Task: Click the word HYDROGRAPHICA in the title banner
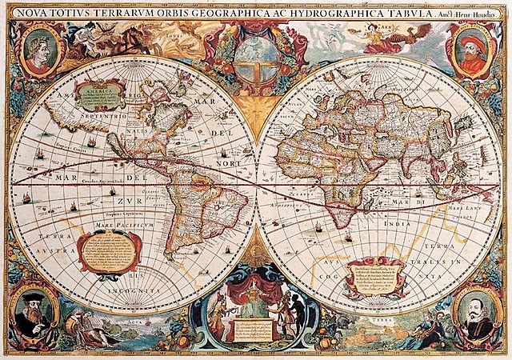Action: coord(331,12)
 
